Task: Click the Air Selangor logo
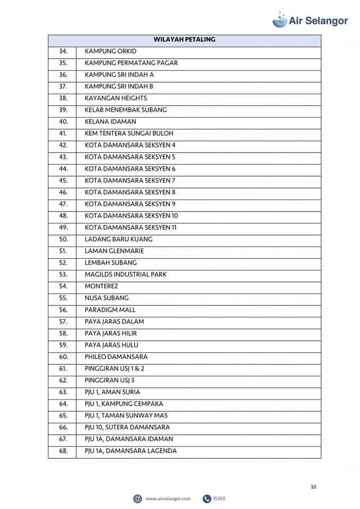(x=310, y=20)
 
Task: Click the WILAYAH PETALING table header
(x=184, y=40)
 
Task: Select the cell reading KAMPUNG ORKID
(x=110, y=51)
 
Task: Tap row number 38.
(x=63, y=98)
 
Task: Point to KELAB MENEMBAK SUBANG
(x=126, y=110)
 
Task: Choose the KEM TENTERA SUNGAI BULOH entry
(x=129, y=134)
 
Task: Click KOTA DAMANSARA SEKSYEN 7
(x=130, y=180)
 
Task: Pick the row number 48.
(x=63, y=216)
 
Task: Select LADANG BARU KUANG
(x=118, y=239)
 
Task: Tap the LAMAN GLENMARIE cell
(x=114, y=251)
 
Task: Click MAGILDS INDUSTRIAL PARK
(x=126, y=275)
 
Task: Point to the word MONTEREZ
(x=101, y=286)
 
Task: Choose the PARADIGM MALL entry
(x=110, y=310)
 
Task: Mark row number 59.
(x=63, y=345)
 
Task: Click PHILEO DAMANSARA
(x=116, y=357)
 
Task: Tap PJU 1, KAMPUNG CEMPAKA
(x=124, y=404)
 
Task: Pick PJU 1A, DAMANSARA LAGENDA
(x=130, y=451)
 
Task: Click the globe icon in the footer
(x=137, y=498)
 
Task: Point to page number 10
(x=313, y=487)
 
